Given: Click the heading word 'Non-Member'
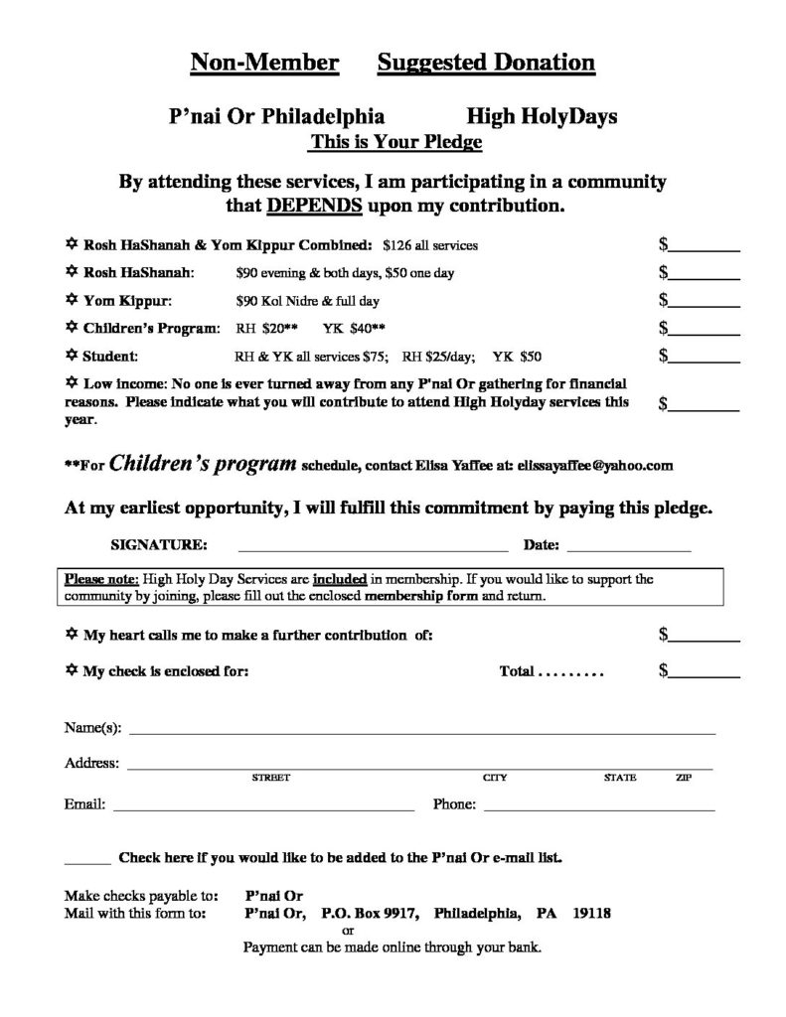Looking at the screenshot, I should coord(263,65).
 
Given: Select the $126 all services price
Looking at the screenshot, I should coord(430,244).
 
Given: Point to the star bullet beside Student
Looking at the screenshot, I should coord(71,355).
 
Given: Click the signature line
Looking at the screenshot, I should coord(372,548).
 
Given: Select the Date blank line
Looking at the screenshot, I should coord(628,548).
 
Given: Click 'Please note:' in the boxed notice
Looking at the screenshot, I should coord(102,577).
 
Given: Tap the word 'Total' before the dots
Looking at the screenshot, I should coord(517,671).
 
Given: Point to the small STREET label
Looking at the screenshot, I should coord(270,778).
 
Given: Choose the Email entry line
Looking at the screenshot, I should coord(263,810).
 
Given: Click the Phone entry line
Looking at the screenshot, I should coord(598,810).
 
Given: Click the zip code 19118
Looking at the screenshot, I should coord(591,913).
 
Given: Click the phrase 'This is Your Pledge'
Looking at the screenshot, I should coord(395,142).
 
